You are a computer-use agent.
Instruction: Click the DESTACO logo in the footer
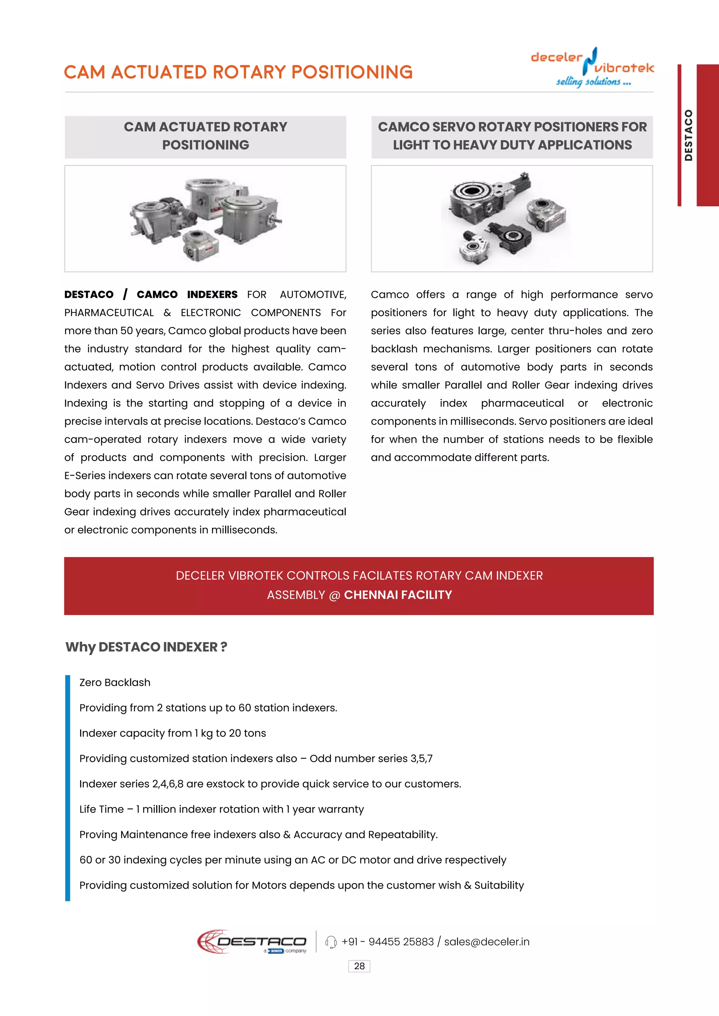(252, 941)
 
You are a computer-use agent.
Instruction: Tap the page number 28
(359, 966)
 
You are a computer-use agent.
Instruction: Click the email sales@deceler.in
(487, 942)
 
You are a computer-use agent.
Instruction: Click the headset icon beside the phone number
(331, 942)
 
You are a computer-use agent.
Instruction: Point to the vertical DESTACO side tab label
(688, 135)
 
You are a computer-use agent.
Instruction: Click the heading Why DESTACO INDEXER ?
(146, 647)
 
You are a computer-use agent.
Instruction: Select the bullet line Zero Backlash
(115, 682)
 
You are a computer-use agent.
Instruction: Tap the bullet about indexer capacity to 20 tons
(173, 733)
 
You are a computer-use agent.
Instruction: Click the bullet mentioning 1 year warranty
(222, 809)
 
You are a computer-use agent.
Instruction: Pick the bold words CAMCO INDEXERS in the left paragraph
(187, 295)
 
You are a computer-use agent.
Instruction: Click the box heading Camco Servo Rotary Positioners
(512, 136)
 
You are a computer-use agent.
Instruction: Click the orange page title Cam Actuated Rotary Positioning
(238, 72)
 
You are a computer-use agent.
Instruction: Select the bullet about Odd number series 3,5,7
(256, 758)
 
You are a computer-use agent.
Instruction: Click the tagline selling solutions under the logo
(593, 81)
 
